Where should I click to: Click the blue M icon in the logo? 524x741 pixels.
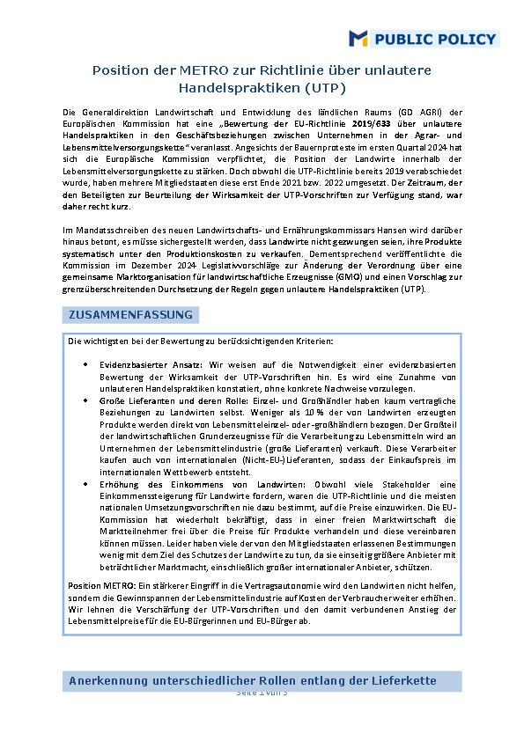point(358,38)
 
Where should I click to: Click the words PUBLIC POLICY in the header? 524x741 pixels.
point(435,39)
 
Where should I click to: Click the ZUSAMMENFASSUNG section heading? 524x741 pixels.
point(129,315)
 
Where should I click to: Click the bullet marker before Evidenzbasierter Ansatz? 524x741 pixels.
point(85,363)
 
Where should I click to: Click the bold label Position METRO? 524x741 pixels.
point(97,585)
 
